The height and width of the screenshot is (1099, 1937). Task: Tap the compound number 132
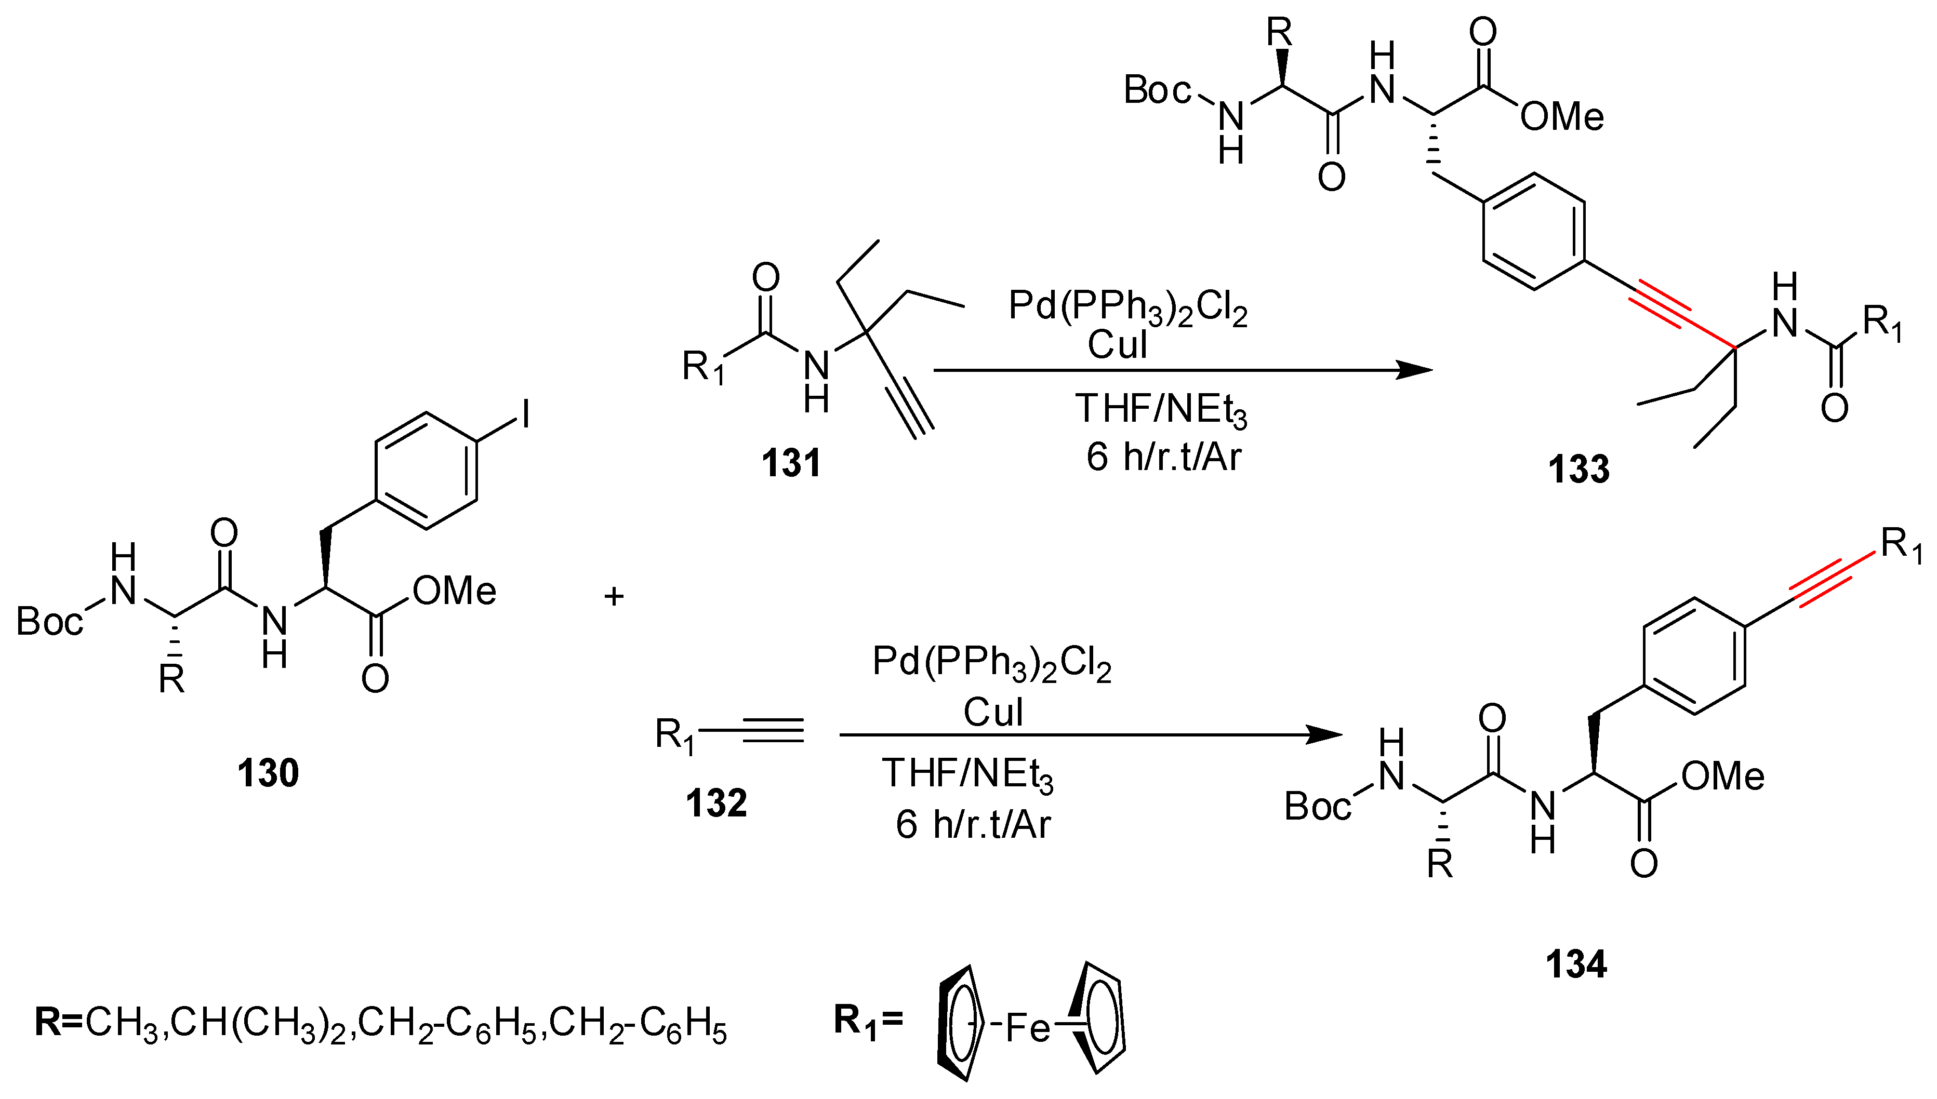tap(715, 802)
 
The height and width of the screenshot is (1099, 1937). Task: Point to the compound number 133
tap(1578, 468)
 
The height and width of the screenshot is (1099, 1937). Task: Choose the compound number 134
tap(1576, 964)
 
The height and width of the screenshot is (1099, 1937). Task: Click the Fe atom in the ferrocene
tap(1028, 1027)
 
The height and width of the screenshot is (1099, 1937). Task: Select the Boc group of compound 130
tap(50, 621)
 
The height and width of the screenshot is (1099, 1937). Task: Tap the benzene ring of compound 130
tap(427, 470)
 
